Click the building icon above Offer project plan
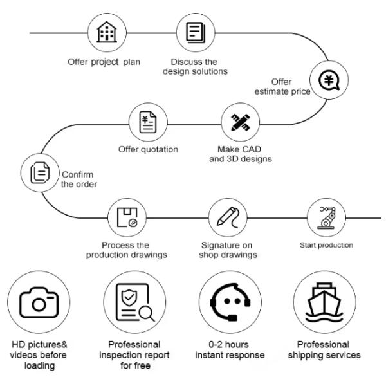tap(104, 33)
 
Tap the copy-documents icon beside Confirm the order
tap(39, 172)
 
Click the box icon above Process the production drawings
tap(125, 218)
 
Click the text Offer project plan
tap(104, 62)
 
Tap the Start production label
tap(326, 245)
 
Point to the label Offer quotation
tap(149, 150)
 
